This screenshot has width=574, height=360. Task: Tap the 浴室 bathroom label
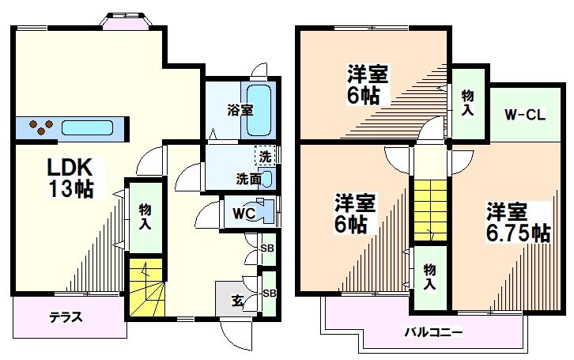[x=241, y=110]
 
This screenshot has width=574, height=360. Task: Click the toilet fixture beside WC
[x=266, y=211]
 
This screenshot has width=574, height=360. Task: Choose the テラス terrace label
[x=66, y=316]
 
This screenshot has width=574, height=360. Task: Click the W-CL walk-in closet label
[x=524, y=115]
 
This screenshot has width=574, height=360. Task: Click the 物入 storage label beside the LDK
[x=145, y=217]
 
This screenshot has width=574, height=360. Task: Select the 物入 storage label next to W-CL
[x=468, y=102]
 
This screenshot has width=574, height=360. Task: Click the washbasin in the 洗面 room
[x=267, y=179]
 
